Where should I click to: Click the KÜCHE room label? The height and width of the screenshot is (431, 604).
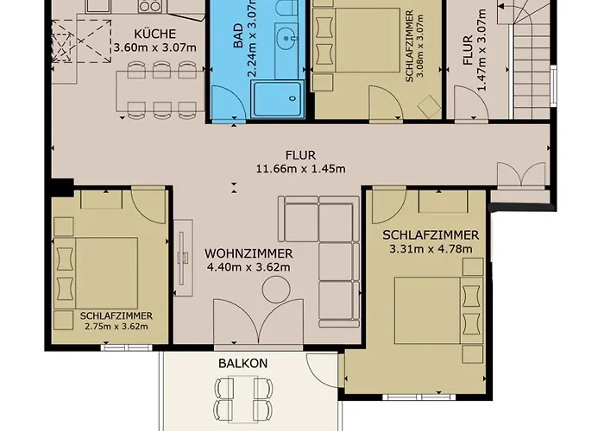154,34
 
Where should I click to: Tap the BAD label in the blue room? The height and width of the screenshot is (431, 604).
238,36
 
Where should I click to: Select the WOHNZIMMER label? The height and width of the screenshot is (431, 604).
249,253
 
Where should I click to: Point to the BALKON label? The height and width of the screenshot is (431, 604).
242,363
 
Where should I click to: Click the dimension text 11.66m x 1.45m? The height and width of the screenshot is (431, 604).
301,169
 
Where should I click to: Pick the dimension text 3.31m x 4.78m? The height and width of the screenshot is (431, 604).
431,248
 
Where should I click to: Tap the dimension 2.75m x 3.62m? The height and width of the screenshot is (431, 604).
116,327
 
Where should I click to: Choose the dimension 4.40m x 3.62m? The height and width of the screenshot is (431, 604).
249,266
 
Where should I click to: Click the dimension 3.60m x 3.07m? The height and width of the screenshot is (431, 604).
154,47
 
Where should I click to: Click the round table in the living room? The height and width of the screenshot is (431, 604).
276,290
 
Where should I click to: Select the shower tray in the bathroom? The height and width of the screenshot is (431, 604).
277,99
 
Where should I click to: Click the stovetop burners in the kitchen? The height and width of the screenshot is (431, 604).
150,6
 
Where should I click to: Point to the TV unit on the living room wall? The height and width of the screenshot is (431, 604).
183,258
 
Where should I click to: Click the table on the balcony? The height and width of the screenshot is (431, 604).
243,399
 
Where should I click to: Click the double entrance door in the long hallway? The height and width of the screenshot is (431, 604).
521,175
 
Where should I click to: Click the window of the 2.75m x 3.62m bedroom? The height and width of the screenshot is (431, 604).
126,348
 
